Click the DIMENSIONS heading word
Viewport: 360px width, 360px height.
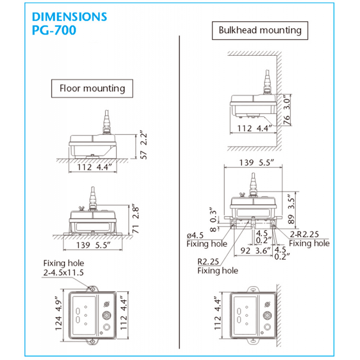69,17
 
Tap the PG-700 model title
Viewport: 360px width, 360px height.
54,30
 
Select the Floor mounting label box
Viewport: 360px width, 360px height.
92,88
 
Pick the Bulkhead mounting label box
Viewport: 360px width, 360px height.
260,31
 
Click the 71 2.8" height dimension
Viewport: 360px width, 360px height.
135,220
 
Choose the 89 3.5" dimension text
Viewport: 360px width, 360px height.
291,209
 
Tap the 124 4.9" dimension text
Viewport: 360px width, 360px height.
58,315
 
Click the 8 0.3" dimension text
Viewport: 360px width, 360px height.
213,220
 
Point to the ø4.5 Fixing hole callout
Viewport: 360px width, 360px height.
207,239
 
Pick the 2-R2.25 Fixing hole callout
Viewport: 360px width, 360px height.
309,238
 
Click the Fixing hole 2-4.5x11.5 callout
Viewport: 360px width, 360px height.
63,268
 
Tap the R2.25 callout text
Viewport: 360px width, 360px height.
208,261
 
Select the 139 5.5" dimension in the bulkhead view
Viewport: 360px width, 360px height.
256,162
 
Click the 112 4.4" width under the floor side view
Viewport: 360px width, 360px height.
94,167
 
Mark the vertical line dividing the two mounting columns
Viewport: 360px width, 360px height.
179,192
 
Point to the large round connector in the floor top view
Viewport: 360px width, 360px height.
107,315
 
